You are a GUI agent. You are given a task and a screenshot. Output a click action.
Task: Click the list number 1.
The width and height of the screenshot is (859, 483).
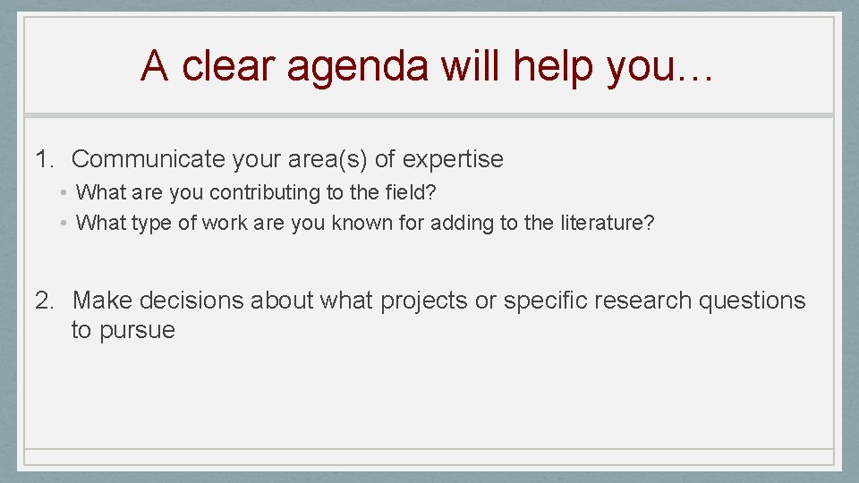[x=45, y=160]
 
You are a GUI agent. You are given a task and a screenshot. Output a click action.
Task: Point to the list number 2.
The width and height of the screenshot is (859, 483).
[x=45, y=301]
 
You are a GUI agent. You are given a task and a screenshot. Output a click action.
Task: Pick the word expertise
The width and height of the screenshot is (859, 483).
[x=453, y=160]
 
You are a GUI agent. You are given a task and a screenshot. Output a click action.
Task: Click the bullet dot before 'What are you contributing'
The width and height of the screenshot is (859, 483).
[x=65, y=192]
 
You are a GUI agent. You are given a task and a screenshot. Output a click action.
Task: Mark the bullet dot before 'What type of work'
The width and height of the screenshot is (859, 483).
[x=65, y=223]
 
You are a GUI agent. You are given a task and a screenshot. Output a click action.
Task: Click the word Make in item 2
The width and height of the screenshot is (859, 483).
[x=103, y=301]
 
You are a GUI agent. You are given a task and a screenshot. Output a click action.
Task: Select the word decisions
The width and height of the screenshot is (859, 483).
[x=192, y=301]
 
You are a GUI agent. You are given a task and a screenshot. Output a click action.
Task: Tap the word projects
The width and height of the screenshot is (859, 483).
[x=424, y=301]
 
